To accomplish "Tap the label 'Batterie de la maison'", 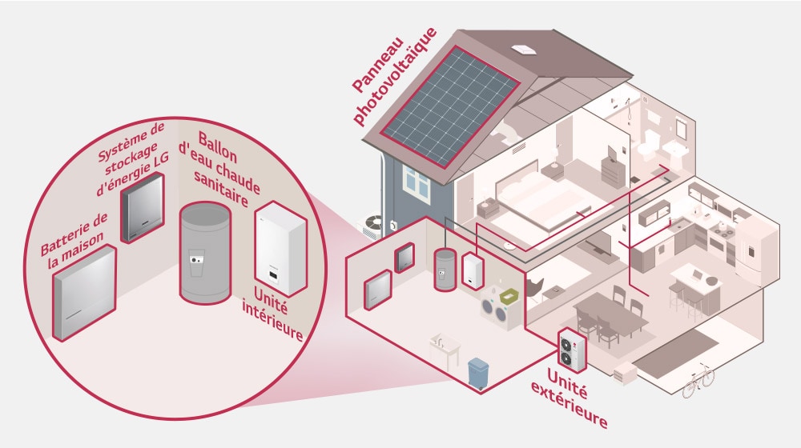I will point(74,237).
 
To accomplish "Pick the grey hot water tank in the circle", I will point(205,251).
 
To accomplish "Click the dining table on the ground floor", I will point(612,311).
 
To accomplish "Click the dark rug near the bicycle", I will point(676,351).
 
